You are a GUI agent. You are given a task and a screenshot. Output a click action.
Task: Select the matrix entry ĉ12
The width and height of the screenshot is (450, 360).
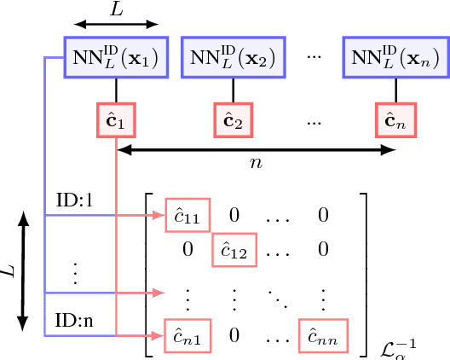pyautogui.click(x=233, y=249)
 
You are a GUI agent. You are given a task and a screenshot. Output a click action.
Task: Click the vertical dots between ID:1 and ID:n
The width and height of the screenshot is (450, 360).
pyautogui.click(x=75, y=271)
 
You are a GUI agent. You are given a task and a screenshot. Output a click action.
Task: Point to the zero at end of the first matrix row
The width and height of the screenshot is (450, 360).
pyautogui.click(x=323, y=217)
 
